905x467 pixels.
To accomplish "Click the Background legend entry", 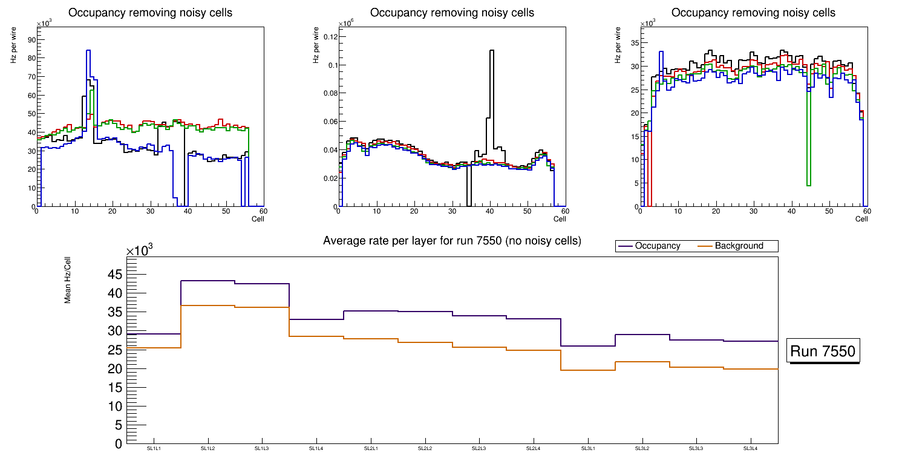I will click(739, 246).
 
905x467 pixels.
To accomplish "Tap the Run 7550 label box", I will click(823, 351).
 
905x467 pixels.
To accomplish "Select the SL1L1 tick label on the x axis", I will click(154, 448).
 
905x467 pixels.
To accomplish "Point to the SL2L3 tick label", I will click(479, 448).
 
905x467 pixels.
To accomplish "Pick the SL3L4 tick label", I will click(751, 448).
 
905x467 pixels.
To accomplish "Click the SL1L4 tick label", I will click(316, 448).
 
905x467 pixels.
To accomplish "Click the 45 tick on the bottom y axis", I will click(114, 275).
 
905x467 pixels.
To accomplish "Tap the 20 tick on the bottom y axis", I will click(114, 368).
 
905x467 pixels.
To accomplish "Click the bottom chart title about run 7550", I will click(452, 241).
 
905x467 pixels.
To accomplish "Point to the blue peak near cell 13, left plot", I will click(88, 51).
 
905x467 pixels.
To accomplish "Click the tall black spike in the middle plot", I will click(492, 51).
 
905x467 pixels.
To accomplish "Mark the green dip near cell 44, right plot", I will click(809, 185).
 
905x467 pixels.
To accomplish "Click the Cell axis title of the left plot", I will click(258, 219).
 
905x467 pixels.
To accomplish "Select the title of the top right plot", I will click(753, 12).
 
